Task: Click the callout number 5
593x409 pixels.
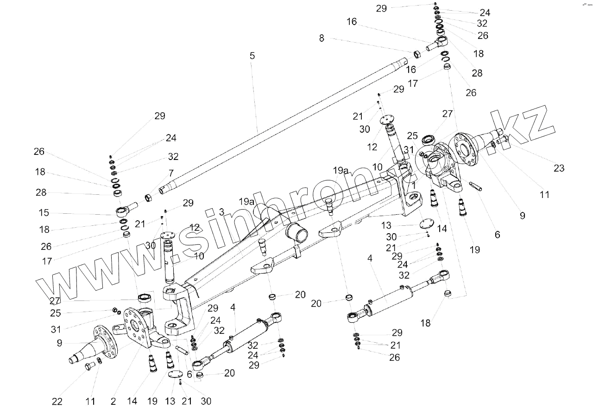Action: coord(252,56)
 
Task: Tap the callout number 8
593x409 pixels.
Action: coord(322,38)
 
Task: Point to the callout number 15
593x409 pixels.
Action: coord(44,213)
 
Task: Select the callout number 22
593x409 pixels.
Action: coord(57,402)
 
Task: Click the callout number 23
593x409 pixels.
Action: coord(559,168)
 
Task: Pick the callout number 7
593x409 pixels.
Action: coord(171,173)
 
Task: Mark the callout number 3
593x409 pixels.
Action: coord(221,212)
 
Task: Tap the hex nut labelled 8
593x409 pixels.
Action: coord(416,54)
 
